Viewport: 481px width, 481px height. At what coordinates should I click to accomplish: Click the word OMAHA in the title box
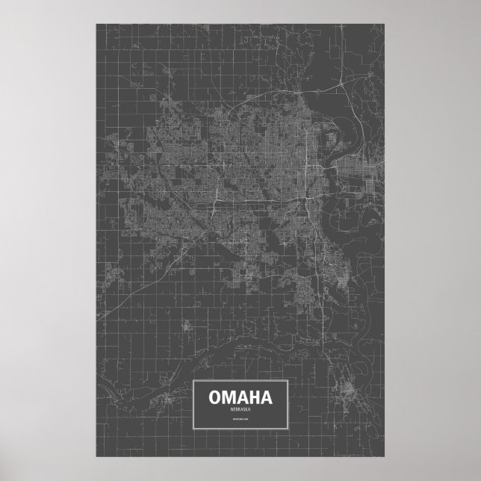tap(241, 395)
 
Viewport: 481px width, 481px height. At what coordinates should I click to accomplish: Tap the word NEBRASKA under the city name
tap(241, 408)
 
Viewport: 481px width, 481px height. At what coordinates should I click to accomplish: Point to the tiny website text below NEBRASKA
tap(241, 422)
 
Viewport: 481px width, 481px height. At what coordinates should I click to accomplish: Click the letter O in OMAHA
tap(217, 395)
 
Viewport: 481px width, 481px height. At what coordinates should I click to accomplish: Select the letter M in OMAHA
tap(230, 395)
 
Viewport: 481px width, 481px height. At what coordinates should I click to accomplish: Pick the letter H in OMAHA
tap(254, 395)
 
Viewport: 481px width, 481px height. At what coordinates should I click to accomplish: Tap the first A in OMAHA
tap(243, 395)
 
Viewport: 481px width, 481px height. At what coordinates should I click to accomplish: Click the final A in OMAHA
tap(265, 395)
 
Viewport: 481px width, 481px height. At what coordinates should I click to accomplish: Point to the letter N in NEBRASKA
tap(230, 408)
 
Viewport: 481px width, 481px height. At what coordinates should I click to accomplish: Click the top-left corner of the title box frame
tap(194, 380)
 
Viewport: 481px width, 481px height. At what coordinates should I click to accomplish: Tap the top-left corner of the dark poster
tap(96, 23)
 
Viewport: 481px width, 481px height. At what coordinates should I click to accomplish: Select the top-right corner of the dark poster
tap(385, 23)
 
